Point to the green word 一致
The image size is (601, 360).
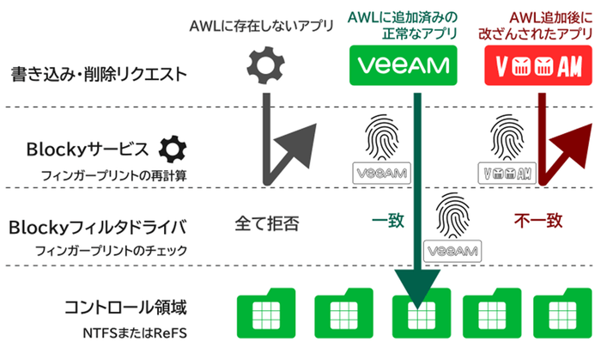pos(387,221)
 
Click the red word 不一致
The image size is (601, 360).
pos(539,221)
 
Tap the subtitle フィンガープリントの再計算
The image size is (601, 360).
pos(102,175)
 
